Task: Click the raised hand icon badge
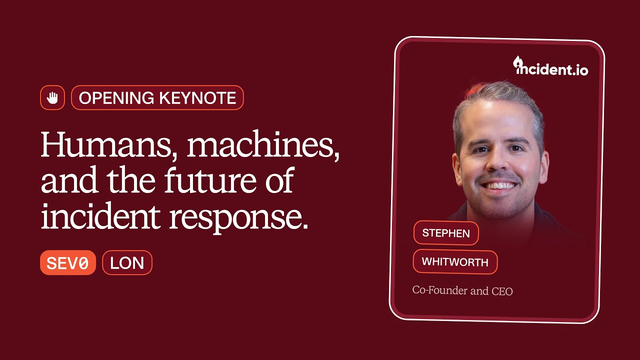[52, 98]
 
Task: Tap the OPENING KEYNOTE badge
[157, 98]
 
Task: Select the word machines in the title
[263, 146]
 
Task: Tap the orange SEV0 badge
[67, 263]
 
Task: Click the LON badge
[127, 263]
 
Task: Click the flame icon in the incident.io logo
[518, 62]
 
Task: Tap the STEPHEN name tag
[446, 233]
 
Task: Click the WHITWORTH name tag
[455, 262]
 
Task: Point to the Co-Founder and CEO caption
[462, 290]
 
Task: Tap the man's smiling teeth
[498, 185]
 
